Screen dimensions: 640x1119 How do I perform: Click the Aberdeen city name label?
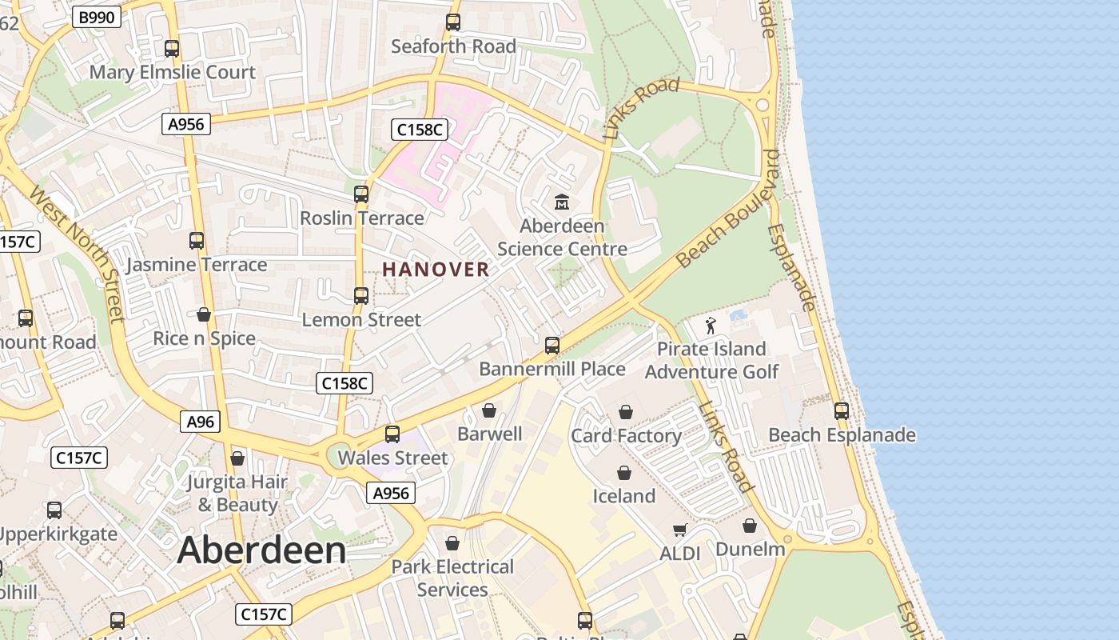[261, 550]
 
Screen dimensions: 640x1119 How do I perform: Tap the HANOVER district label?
[436, 270]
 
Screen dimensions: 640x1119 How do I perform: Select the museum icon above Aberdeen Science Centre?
[562, 202]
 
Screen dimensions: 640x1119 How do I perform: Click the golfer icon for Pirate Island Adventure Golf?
[711, 326]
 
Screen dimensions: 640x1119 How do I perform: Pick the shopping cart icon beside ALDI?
[680, 530]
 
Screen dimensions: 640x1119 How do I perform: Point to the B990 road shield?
[96, 17]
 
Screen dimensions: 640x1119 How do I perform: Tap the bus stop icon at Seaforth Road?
[453, 22]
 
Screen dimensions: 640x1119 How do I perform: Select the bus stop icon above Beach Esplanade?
[842, 411]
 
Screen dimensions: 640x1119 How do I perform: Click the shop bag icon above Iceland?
[624, 473]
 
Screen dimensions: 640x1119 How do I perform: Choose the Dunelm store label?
[750, 550]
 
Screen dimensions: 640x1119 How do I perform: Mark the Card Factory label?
[626, 436]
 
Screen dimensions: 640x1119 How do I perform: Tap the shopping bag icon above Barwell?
[489, 410]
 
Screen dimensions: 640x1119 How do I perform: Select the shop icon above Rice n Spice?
[204, 314]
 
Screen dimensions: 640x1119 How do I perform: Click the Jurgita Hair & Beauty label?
[237, 494]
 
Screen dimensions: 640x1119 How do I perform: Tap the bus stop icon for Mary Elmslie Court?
[172, 49]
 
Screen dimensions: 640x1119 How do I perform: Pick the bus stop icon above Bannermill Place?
[552, 346]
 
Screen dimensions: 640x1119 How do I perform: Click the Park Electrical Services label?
[452, 578]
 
